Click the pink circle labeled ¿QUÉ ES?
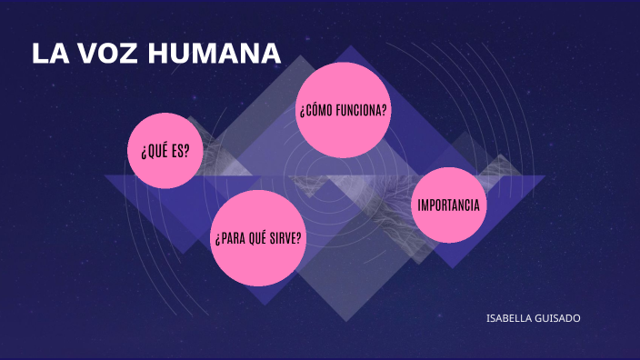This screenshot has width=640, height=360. coord(165,150)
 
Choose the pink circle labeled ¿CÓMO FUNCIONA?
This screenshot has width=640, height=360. coord(344,110)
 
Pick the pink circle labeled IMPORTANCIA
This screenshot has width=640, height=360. coord(449,205)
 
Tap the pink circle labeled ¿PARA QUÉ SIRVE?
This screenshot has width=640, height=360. coord(258,238)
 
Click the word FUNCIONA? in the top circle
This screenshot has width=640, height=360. coord(361,111)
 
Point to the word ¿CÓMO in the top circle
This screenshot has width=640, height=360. coord(315,111)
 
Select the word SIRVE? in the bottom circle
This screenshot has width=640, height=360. coord(285,238)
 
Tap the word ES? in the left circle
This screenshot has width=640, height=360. coord(180,151)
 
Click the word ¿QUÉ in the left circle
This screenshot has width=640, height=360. coord(153,151)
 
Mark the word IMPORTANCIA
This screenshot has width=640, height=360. coord(449,205)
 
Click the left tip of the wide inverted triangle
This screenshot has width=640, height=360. coord(105,175)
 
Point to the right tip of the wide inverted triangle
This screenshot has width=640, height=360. coord(544,176)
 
